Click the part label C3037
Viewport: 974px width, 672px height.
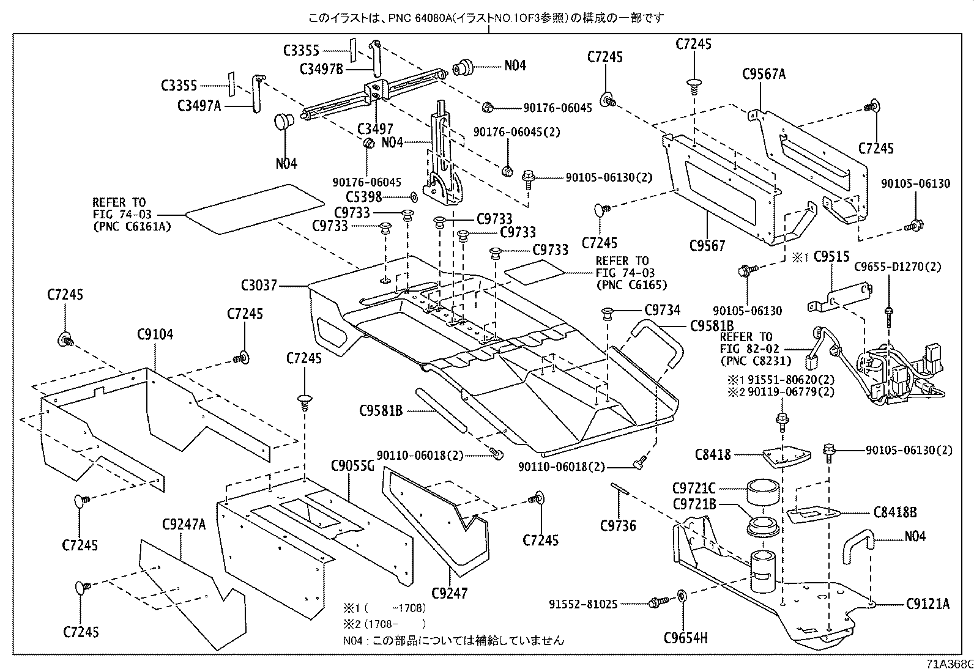[259, 286]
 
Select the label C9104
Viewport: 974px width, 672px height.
[155, 334]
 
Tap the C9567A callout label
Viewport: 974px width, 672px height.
[764, 74]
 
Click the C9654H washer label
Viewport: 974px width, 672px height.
[685, 638]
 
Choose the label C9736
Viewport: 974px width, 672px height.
[618, 525]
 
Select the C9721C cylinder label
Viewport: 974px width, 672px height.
[694, 489]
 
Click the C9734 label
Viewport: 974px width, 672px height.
[662, 310]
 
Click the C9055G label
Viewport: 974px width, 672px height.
[352, 466]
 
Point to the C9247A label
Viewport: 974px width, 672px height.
[184, 524]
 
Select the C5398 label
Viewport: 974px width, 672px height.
[363, 197]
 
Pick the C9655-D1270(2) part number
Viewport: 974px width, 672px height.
[898, 267]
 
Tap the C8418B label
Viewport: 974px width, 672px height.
[895, 513]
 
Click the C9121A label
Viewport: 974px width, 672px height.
[928, 604]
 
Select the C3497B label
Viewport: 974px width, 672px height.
[321, 68]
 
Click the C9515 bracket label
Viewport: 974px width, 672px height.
[833, 257]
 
